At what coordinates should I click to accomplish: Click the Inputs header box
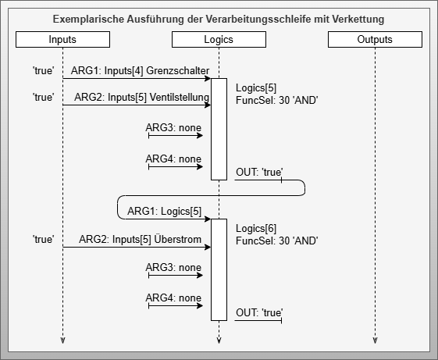click(x=62, y=39)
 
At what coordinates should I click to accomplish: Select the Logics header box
click(x=218, y=39)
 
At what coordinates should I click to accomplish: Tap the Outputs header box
click(x=374, y=39)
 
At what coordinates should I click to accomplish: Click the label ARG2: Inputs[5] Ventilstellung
click(x=141, y=97)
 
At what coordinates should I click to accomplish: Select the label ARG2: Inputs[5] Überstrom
click(x=139, y=239)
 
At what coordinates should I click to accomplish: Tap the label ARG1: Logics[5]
click(x=165, y=211)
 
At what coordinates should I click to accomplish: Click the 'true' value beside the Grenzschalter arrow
click(x=43, y=72)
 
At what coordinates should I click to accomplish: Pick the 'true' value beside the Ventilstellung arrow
click(x=43, y=97)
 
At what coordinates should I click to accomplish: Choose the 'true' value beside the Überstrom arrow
click(x=43, y=239)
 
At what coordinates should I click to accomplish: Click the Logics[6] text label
click(x=255, y=228)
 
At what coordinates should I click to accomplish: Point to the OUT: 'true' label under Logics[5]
click(x=259, y=172)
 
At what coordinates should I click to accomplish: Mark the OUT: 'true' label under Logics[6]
click(x=259, y=313)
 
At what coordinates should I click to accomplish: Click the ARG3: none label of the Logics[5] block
click(x=173, y=127)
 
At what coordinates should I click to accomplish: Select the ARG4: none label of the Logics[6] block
click(x=173, y=298)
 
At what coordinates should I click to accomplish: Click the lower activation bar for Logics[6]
click(x=219, y=269)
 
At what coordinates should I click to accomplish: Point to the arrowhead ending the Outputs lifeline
click(x=375, y=340)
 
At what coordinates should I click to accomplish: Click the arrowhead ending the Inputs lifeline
click(x=62, y=340)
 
